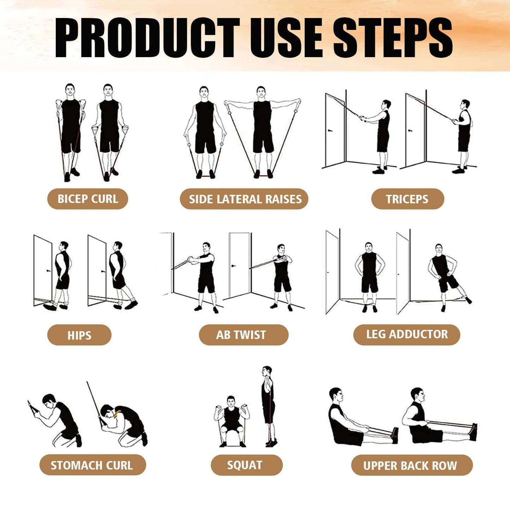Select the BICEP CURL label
(x=88, y=199)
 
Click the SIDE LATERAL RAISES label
(x=244, y=199)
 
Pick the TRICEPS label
(x=407, y=199)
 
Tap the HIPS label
(x=79, y=335)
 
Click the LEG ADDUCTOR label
(x=407, y=334)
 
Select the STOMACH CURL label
(x=92, y=465)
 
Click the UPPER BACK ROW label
(x=412, y=466)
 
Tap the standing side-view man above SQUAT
(x=268, y=406)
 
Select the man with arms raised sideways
(x=262, y=131)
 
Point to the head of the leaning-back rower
(x=336, y=395)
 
